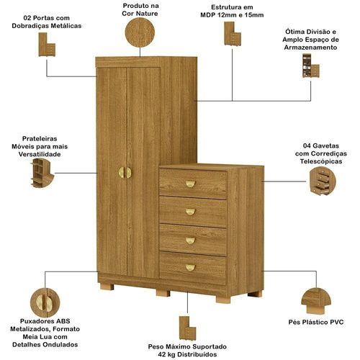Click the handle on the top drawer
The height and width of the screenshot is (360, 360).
[x=190, y=184]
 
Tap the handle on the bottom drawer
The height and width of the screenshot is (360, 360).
[x=190, y=267]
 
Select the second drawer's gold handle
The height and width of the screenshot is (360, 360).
[x=190, y=212]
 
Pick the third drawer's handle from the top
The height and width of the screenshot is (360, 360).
[x=190, y=240]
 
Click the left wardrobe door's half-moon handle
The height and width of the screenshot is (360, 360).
[x=122, y=173]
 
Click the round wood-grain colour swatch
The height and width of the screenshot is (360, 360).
[x=140, y=32]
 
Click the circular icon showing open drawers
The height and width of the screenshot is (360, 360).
[x=323, y=181]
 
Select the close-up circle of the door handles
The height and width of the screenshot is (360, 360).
[x=45, y=302]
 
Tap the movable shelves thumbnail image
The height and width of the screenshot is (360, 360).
[x=42, y=173]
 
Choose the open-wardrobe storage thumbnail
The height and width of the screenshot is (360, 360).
[x=311, y=66]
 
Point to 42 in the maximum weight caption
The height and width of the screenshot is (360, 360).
[x=163, y=354]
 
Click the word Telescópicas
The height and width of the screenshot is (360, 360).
[x=321, y=161]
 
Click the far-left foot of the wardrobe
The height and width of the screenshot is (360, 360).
[x=107, y=287]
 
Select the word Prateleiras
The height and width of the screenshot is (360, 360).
[x=40, y=139]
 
